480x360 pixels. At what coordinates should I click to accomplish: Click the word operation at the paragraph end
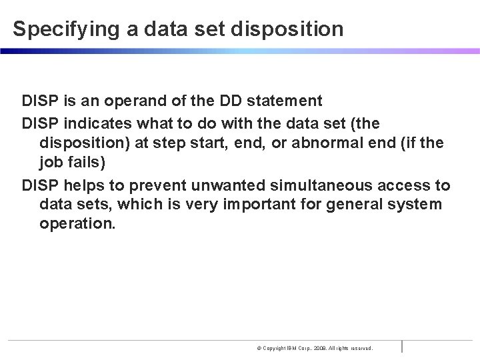77,224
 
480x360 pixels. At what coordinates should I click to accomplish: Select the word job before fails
51,163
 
